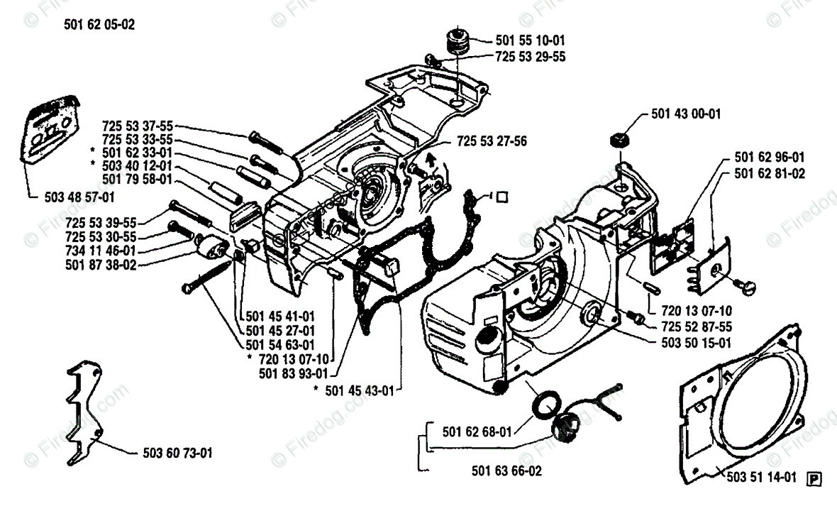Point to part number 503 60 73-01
click(x=172, y=452)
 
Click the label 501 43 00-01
click(x=685, y=114)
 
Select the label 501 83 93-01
click(x=293, y=373)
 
